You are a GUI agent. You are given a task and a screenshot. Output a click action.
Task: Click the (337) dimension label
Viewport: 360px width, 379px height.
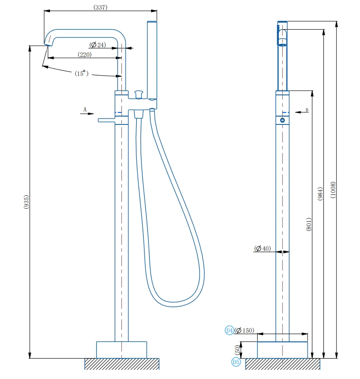[x=101, y=7]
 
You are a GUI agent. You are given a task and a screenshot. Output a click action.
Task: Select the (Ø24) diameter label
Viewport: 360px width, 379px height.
[x=98, y=45]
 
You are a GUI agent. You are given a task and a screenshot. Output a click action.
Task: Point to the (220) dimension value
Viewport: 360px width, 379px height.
[x=85, y=55]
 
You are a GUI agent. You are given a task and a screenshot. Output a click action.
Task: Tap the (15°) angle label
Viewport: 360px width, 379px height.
[x=82, y=74]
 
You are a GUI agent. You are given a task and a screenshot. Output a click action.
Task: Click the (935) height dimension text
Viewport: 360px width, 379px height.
[x=26, y=202]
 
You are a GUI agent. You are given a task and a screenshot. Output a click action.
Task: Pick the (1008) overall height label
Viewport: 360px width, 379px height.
[x=333, y=190]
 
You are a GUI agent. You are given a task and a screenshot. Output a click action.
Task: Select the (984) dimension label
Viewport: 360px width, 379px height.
[x=320, y=194]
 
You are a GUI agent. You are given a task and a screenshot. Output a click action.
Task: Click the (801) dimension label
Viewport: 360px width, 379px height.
[x=309, y=224]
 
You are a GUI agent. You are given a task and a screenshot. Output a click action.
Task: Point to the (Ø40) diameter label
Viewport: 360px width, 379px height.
[x=263, y=249]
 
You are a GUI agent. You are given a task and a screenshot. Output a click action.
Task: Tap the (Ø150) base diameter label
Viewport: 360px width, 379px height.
[x=244, y=330]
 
